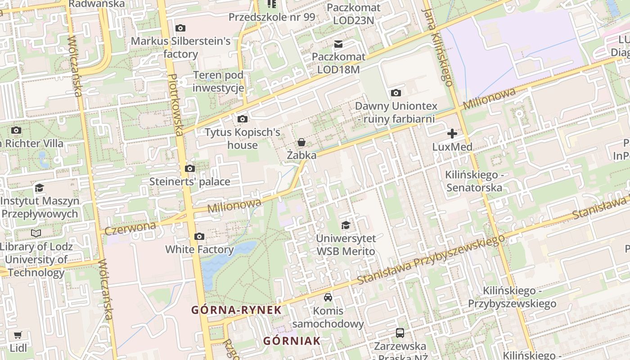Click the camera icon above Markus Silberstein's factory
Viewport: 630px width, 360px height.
click(x=180, y=28)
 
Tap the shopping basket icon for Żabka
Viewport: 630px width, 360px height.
click(x=301, y=142)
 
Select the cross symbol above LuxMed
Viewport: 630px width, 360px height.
click(x=452, y=134)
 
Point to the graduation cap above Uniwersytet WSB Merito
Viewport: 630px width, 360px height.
click(x=346, y=225)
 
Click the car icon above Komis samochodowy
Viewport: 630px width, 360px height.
click(x=328, y=297)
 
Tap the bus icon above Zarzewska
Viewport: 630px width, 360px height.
click(x=400, y=333)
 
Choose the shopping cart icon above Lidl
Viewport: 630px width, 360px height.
click(x=18, y=335)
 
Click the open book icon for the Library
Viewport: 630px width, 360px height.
click(x=36, y=233)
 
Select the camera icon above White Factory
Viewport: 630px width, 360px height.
click(x=199, y=236)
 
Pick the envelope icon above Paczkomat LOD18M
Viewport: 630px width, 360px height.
click(x=338, y=44)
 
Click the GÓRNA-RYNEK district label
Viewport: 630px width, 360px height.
click(x=236, y=310)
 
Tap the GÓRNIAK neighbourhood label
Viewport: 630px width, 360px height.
click(x=292, y=341)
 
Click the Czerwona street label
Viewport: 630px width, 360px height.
click(x=130, y=228)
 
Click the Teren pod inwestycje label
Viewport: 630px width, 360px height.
click(x=218, y=81)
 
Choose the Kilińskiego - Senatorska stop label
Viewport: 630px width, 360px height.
click(x=474, y=181)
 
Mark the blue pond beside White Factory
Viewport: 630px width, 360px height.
click(x=225, y=261)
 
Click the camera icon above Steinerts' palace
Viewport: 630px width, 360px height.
click(x=190, y=169)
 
